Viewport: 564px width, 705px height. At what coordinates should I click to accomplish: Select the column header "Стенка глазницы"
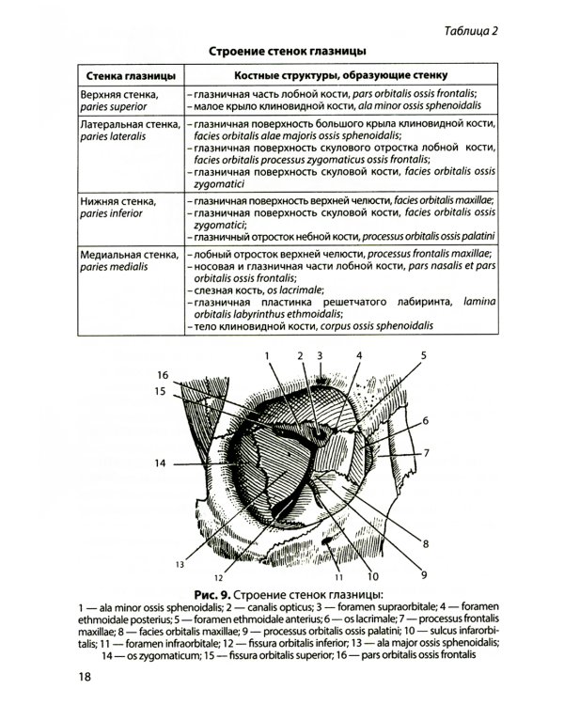(x=127, y=74)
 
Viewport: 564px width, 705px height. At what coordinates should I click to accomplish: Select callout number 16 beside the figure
(x=162, y=375)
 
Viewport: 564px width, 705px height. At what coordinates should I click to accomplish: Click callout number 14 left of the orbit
(x=160, y=462)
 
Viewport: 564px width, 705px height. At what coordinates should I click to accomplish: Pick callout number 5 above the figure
(x=423, y=355)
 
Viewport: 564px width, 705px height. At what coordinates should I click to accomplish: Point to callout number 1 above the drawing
(x=267, y=355)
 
